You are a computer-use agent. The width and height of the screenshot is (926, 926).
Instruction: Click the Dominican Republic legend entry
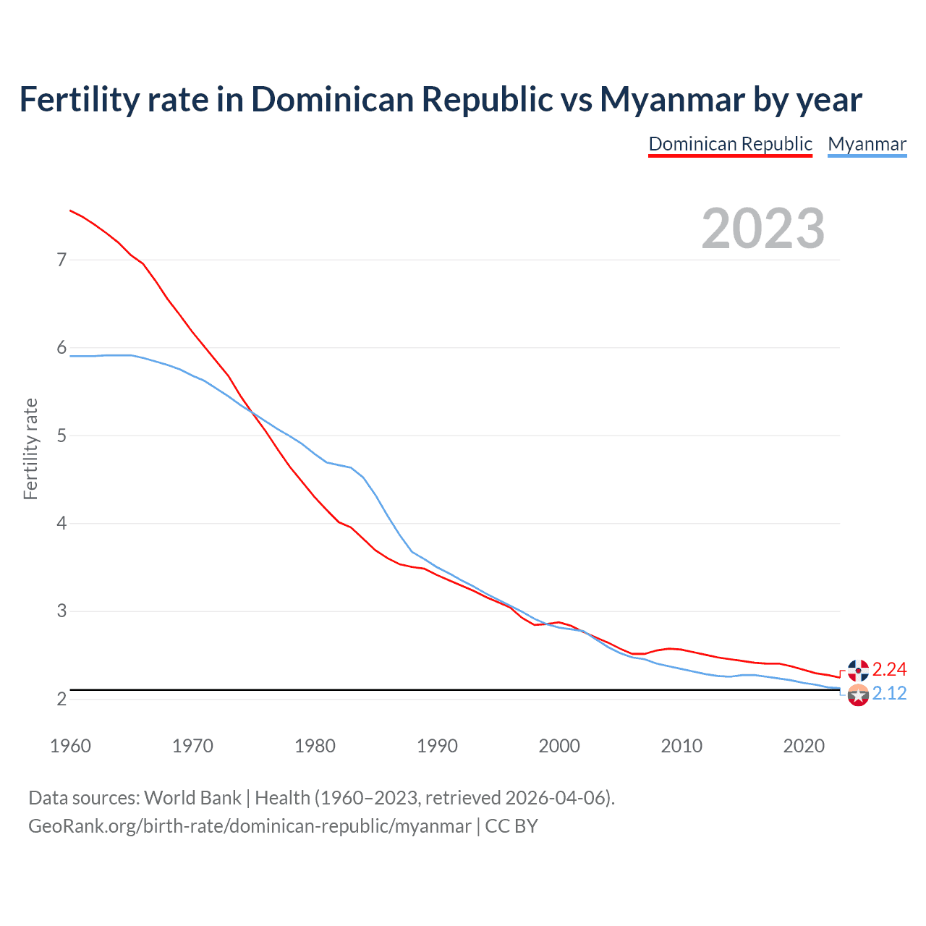[x=730, y=144]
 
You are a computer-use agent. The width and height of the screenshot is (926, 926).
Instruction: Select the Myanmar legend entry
[x=867, y=144]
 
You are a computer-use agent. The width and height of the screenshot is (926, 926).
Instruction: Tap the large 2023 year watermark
[x=763, y=229]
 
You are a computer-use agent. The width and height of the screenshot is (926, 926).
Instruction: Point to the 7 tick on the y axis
[x=61, y=260]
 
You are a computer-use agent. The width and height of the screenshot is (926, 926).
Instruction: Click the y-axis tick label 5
[x=61, y=436]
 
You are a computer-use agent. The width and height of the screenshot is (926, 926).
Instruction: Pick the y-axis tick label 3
[x=61, y=611]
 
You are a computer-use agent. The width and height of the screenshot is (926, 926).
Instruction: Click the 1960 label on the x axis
[x=70, y=746]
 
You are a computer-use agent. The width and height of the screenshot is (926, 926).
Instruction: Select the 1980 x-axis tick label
[x=315, y=746]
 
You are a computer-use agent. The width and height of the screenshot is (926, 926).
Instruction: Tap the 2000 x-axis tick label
[x=559, y=746]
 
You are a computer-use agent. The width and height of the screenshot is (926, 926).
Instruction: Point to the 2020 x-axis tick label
[x=804, y=746]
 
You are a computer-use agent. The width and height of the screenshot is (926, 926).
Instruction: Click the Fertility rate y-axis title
[x=30, y=449]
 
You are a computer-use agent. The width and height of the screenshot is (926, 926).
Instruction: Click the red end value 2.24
[x=889, y=669]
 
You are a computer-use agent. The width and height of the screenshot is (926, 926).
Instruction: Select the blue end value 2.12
[x=889, y=693]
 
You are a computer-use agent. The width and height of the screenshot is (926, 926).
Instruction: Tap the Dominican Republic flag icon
[x=858, y=670]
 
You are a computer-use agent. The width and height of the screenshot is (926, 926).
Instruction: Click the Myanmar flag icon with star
[x=858, y=695]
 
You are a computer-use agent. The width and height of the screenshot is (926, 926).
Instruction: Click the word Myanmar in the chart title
[x=672, y=99]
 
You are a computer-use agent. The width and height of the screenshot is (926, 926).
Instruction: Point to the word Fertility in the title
[x=78, y=99]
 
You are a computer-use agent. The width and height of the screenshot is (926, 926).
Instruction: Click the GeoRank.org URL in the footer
[x=250, y=826]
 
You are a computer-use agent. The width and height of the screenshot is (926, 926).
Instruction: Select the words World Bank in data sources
[x=192, y=798]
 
